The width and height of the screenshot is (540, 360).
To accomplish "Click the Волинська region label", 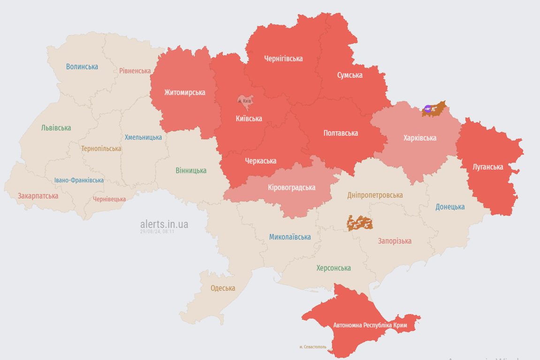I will click(x=82, y=67).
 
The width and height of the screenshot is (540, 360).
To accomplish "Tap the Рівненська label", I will click(x=135, y=71).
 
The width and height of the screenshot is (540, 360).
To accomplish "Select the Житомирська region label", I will click(x=184, y=92).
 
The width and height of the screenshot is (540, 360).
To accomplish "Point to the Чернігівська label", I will click(x=283, y=59).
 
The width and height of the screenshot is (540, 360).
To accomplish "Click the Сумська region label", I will click(x=350, y=75).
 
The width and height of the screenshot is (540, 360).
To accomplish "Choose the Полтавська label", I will click(x=341, y=133).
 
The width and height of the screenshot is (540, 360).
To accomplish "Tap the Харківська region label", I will click(x=420, y=138).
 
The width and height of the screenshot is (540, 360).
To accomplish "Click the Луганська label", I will click(x=488, y=167).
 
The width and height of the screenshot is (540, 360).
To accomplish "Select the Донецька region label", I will click(x=450, y=207).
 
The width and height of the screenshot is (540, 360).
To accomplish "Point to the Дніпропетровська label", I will click(x=375, y=195).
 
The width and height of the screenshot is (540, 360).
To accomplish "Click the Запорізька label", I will click(x=395, y=241).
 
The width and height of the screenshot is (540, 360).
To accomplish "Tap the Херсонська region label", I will click(x=334, y=268).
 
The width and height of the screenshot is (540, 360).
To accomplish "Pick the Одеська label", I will click(x=223, y=288).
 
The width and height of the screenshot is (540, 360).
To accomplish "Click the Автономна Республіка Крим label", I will click(x=370, y=325).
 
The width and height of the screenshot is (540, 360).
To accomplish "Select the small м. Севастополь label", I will click(x=313, y=347).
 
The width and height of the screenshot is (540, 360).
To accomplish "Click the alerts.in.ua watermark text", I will click(x=164, y=224).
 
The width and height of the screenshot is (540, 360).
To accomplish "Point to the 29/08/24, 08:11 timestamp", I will click(x=157, y=232).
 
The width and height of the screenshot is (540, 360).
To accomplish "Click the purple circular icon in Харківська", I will click(x=427, y=109).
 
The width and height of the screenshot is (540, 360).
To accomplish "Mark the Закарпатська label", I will click(x=38, y=196).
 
